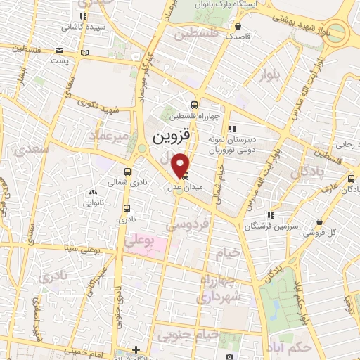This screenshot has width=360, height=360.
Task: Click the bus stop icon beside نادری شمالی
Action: (127, 172)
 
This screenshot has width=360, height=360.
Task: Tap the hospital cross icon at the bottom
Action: (136, 349)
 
